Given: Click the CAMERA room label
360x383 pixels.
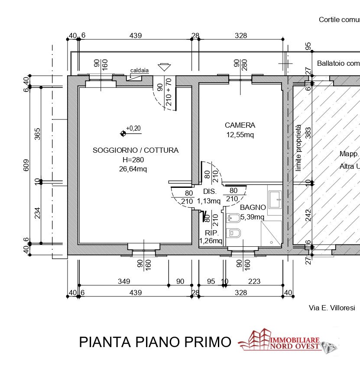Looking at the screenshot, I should (240, 125).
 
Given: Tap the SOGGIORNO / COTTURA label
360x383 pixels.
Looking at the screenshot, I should (135, 150).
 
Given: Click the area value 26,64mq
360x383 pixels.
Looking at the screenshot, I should (133, 169).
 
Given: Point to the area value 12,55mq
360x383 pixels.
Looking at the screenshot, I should (240, 135).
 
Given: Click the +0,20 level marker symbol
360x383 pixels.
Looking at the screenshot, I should (123, 133).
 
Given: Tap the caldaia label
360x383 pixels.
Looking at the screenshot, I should (139, 70).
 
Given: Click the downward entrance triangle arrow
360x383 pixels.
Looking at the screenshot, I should (164, 67).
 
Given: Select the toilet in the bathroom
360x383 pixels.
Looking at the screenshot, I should (234, 232).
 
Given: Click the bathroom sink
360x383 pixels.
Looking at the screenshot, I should (275, 200).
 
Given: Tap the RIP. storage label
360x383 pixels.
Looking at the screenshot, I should (211, 233).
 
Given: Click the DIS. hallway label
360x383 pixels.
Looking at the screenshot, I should (209, 191).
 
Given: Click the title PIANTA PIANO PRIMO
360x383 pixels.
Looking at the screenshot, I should (155, 342).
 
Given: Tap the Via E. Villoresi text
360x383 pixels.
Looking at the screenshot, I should (331, 308).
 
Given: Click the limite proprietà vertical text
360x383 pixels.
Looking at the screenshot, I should (298, 148).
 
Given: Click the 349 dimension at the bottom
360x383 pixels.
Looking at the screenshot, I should (124, 281).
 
